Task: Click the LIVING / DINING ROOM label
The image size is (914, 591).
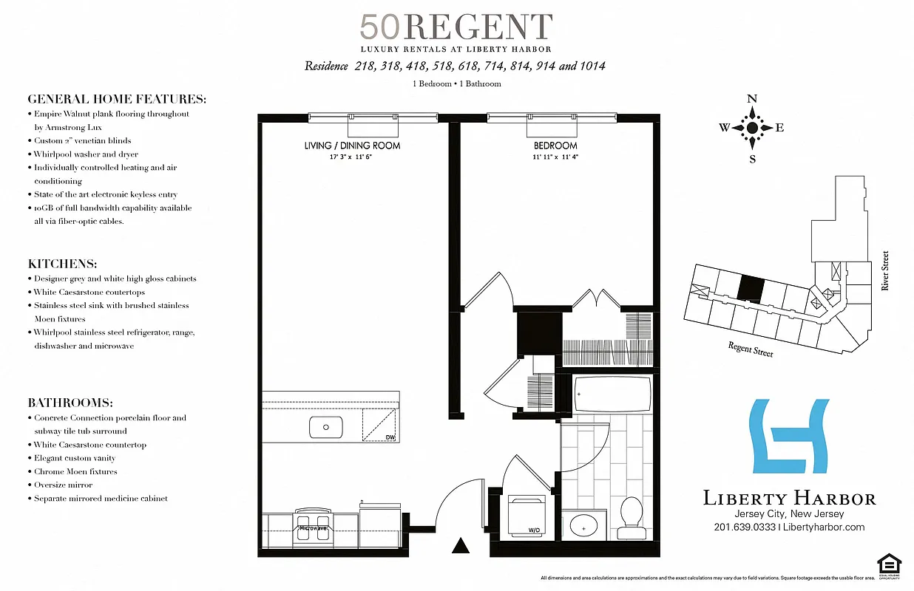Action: (352, 146)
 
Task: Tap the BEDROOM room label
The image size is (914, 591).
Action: (555, 146)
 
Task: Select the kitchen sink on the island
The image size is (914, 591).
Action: (325, 427)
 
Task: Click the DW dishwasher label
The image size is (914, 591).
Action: (389, 437)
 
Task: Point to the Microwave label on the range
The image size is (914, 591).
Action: (312, 528)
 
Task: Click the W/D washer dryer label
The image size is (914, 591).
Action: (533, 530)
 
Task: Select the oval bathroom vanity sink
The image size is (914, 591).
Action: (583, 527)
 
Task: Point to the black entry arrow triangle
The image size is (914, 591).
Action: (461, 546)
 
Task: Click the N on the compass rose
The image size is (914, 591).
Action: (752, 99)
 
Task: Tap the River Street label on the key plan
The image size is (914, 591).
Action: (885, 270)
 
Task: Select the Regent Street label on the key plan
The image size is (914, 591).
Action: (751, 349)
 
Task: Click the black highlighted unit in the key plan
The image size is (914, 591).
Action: (751, 289)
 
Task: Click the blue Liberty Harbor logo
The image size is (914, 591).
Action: (789, 436)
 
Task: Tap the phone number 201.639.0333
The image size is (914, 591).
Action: (745, 527)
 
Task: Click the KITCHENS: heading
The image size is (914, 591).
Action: (63, 264)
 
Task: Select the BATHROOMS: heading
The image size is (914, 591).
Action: (70, 403)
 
